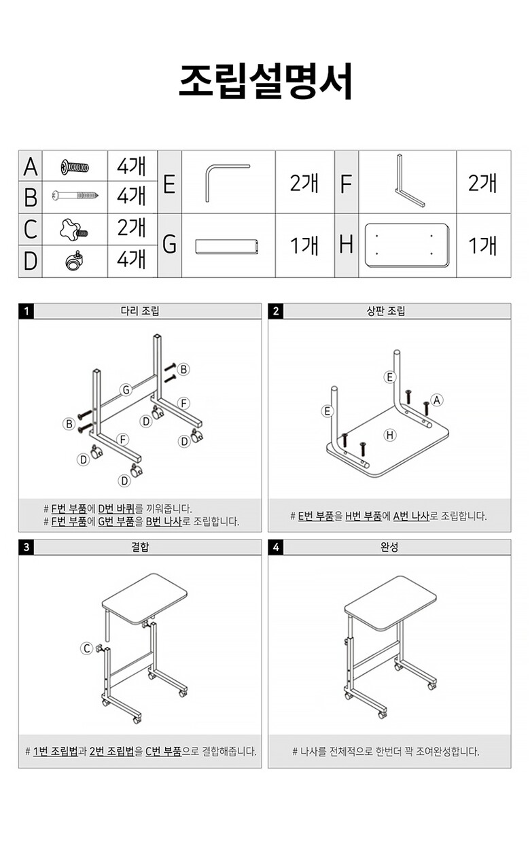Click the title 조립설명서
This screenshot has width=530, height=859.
click(265, 82)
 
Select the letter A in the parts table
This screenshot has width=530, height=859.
click(31, 166)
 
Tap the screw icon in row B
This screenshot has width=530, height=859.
click(75, 196)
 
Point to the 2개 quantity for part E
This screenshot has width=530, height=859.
click(304, 183)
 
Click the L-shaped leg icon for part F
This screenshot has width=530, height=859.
click(408, 181)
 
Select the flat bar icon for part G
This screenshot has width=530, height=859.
click(228, 245)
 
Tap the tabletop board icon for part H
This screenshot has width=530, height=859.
click(407, 245)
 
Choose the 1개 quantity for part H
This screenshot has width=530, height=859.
click(482, 245)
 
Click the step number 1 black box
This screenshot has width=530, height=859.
click(26, 312)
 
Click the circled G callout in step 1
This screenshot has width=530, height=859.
click(126, 389)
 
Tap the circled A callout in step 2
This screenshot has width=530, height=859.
click(437, 400)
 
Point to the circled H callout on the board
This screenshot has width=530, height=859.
click(390, 435)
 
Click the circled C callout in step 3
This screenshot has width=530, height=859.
click(87, 648)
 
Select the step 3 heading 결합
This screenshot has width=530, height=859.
click(140, 547)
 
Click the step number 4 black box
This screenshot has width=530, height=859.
click(275, 547)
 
